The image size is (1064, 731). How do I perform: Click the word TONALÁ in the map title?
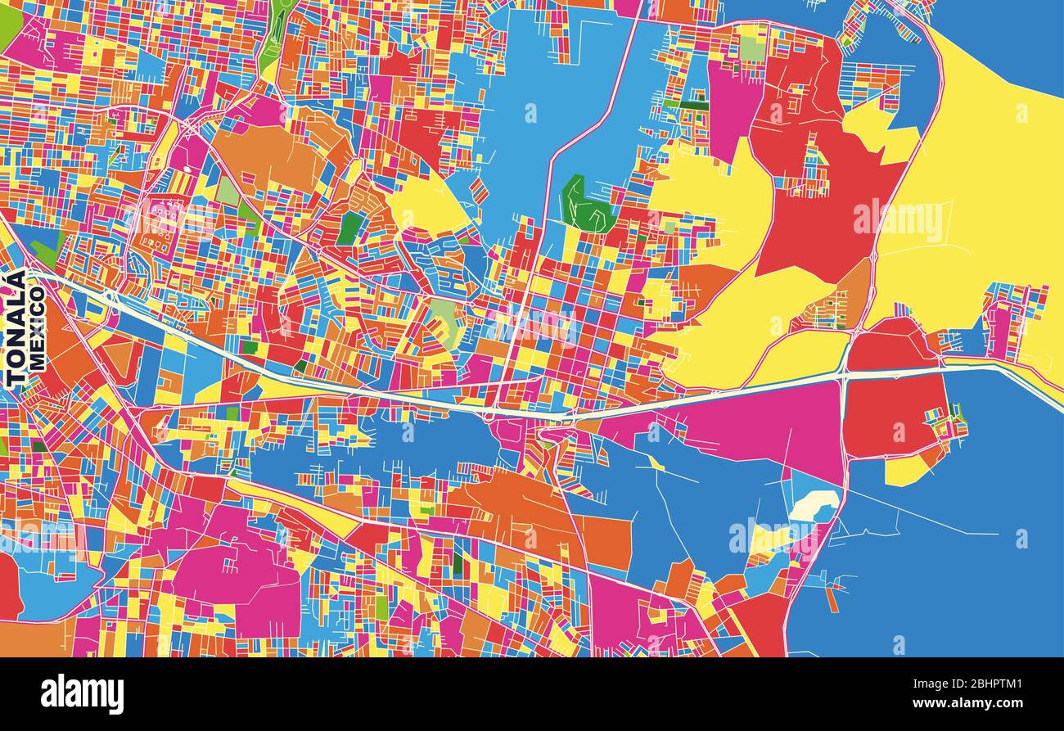click(15, 328)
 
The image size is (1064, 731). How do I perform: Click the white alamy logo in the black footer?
click(83, 694)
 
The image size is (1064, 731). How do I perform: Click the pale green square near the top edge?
click(751, 49)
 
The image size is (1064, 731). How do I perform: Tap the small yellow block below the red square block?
click(907, 470)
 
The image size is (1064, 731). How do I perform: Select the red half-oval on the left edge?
click(8, 585)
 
